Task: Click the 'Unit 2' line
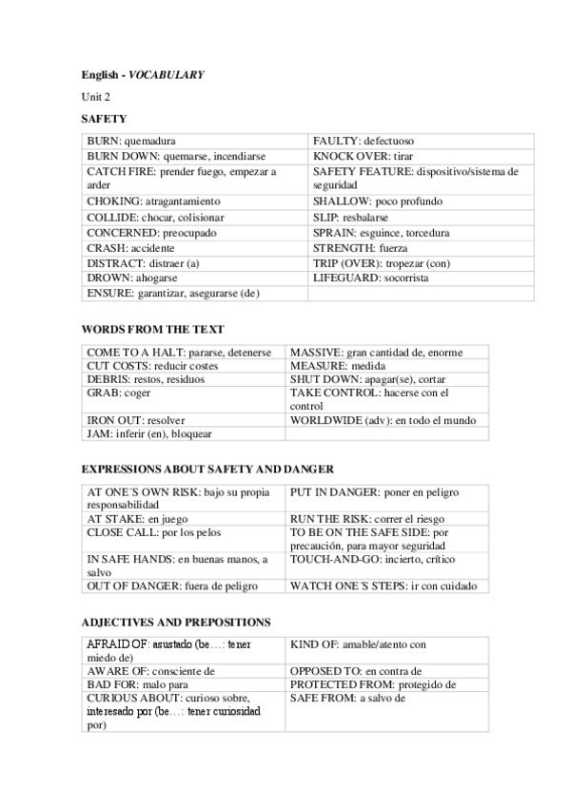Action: tap(95, 97)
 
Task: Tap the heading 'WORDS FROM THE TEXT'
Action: tap(152, 329)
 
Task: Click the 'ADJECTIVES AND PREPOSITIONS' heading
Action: tap(176, 622)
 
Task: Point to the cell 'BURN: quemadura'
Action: tap(131, 140)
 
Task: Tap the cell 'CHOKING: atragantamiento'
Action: tap(153, 201)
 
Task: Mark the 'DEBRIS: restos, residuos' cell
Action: tap(148, 378)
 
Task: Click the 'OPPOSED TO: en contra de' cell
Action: tap(356, 671)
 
